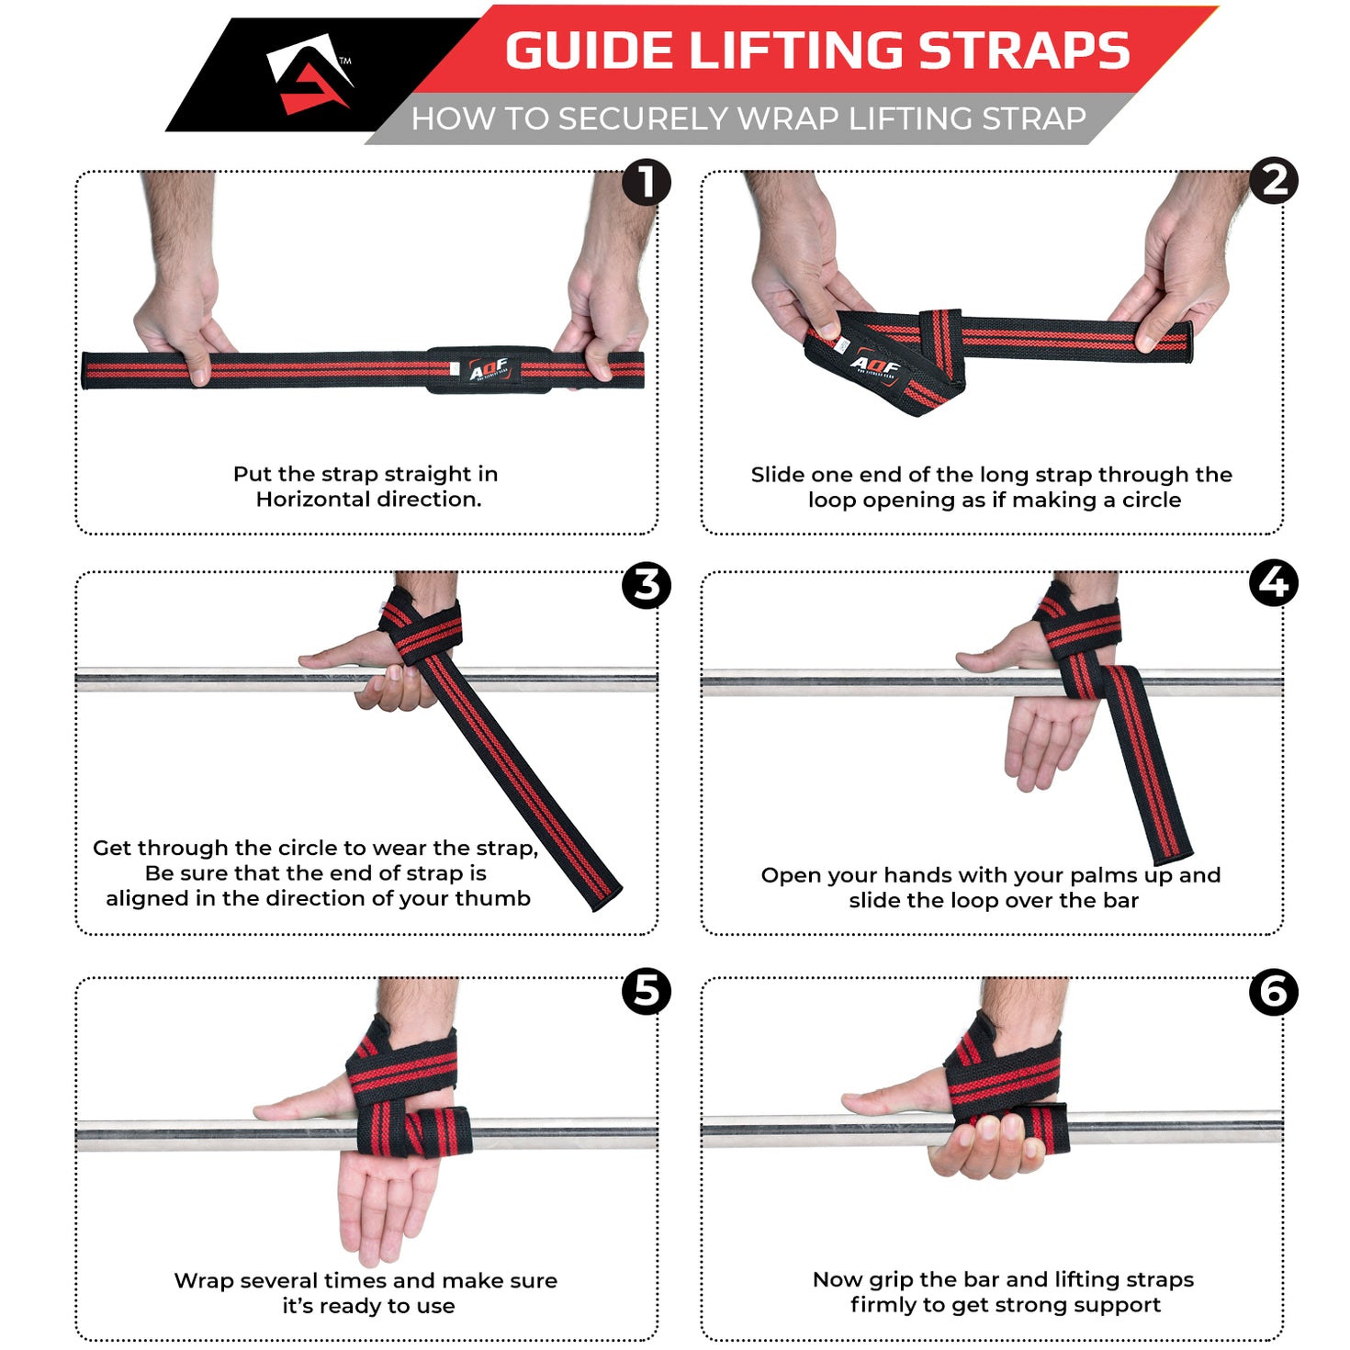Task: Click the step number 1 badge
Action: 646,182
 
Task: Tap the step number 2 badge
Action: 1274,181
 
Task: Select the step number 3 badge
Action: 646,585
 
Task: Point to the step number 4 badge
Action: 1274,583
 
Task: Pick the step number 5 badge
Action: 646,991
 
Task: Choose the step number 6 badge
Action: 1274,992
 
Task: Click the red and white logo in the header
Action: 309,73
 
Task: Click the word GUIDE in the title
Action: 589,51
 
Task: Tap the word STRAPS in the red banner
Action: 1024,51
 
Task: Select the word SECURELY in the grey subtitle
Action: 642,119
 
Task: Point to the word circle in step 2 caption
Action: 1152,501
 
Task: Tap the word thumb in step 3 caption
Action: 497,898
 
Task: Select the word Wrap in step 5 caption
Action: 203,1281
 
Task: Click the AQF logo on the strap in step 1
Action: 489,369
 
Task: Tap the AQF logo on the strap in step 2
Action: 874,366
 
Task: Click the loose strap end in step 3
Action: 597,891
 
